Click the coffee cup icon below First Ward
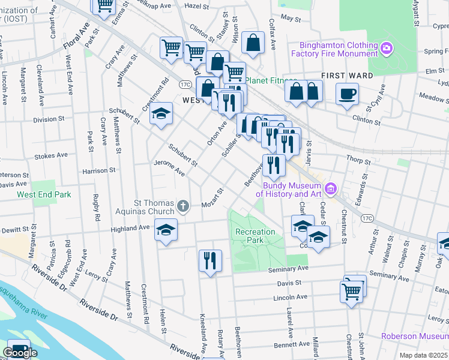(x=347, y=94)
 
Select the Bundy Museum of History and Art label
(x=290, y=190)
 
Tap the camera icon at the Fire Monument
(x=387, y=47)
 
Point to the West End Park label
(x=44, y=194)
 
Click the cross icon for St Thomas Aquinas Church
(x=183, y=207)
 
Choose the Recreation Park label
(x=255, y=236)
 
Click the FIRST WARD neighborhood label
(x=347, y=76)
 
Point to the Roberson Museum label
(x=415, y=337)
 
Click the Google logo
(x=20, y=353)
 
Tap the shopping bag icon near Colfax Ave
(x=253, y=43)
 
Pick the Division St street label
(x=49, y=119)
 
